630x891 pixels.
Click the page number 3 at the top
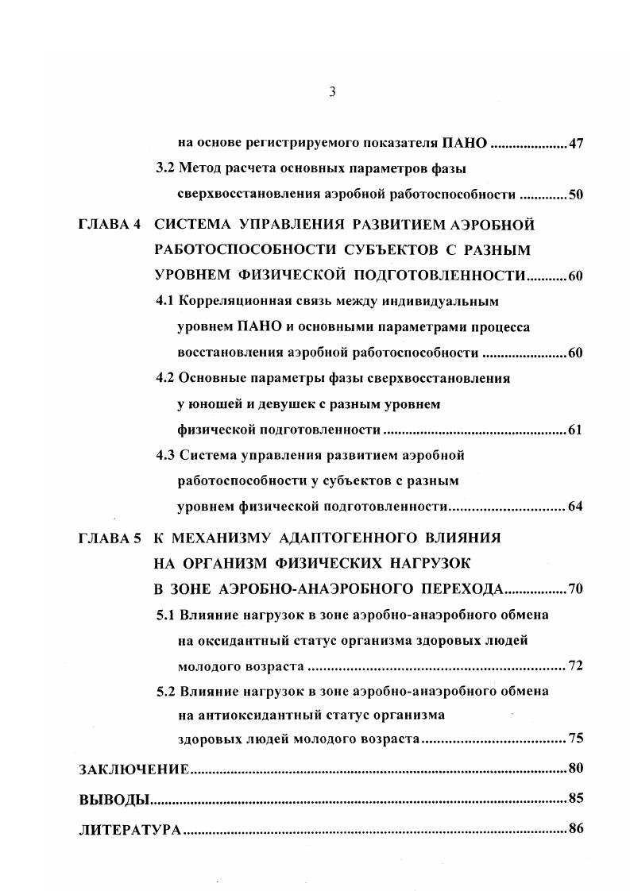333,92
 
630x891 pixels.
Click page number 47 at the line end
576,145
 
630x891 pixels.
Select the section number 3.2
165,169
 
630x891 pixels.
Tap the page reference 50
576,195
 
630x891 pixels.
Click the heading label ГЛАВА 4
110,225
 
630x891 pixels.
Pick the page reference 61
576,430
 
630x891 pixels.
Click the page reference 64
576,507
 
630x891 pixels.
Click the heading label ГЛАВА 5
110,538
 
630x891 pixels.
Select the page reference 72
576,665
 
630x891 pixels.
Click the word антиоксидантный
257,715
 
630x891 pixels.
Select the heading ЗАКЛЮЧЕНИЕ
133,769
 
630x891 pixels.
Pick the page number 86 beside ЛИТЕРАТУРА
576,829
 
